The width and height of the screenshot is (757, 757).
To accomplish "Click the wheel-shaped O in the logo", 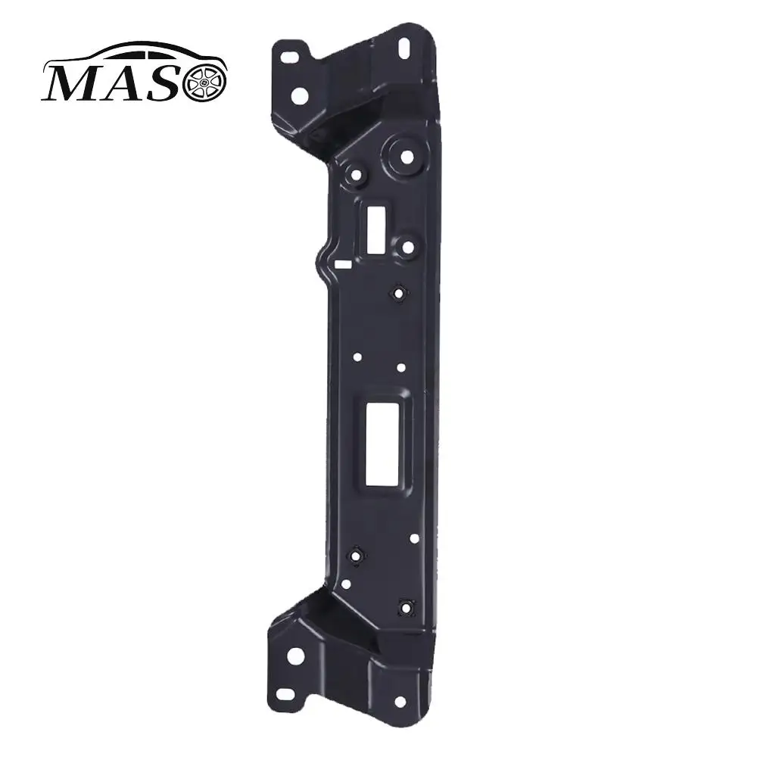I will [204, 81].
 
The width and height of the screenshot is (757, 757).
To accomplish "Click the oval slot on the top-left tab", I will [288, 57].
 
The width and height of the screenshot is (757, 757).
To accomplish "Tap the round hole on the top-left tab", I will [300, 96].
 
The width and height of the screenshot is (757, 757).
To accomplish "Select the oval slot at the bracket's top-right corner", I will [403, 46].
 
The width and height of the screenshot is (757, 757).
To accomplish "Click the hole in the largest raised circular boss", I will [407, 157].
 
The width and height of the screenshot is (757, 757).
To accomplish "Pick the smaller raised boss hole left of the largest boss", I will [356, 175].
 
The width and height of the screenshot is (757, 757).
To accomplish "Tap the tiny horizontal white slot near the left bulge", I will [342, 265].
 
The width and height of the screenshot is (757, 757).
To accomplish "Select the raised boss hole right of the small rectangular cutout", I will [408, 247].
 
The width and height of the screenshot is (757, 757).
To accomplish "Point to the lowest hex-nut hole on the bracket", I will [407, 606].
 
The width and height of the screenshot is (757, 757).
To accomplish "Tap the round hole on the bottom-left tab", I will [295, 656].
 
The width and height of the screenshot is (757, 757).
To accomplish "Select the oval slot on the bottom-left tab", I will [286, 693].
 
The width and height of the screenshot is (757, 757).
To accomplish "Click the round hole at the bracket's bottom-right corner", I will [400, 702].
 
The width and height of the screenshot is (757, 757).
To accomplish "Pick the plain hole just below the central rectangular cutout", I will [414, 538].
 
